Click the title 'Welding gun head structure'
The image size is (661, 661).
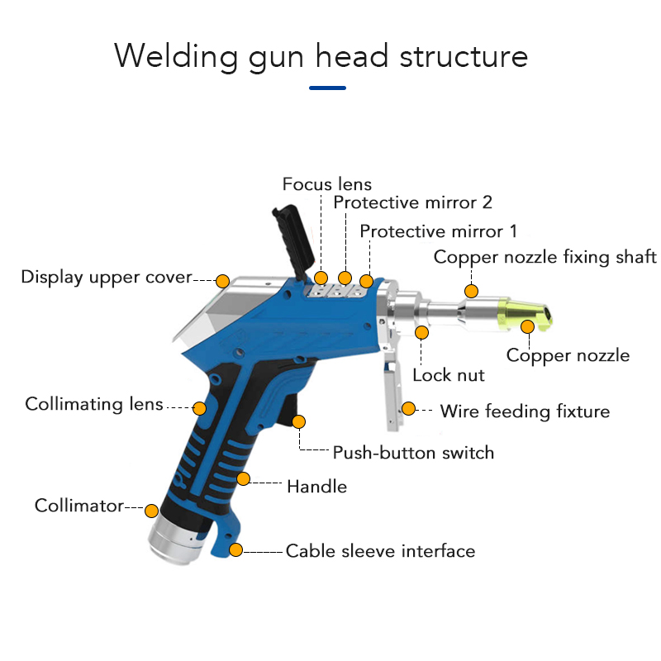coord(321,56)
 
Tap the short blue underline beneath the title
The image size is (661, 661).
coord(327,88)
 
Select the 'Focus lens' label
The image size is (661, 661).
coord(327,184)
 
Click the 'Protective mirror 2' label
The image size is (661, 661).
coord(413,202)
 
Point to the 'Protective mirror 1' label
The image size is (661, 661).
coord(438,231)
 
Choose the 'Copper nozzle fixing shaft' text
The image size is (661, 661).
coord(545,257)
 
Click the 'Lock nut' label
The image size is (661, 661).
coord(448,375)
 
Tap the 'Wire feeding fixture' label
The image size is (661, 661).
coord(525,411)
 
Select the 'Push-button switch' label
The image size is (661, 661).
coord(413,453)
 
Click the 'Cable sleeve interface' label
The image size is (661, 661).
coord(380,550)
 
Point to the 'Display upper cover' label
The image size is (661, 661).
coord(107,277)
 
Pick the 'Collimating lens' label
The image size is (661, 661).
coord(94,404)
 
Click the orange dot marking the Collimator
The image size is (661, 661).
coord(151,510)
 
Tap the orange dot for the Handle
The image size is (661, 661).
coord(243,478)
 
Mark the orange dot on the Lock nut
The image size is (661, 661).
coord(422,332)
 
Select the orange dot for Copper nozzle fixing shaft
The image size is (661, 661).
coord(470,290)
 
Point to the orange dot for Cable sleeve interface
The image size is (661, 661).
coord(236,549)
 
